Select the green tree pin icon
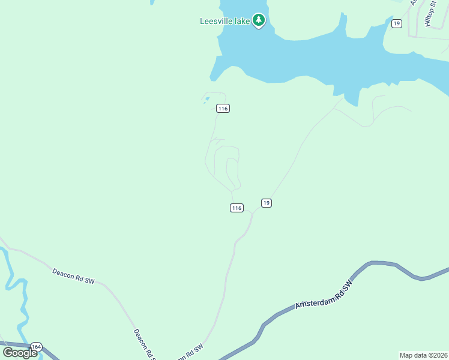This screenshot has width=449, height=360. (x=259, y=20)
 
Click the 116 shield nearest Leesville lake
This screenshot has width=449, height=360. (x=223, y=108)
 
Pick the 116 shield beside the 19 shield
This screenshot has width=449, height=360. (x=237, y=208)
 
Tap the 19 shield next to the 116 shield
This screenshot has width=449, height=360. (x=267, y=203)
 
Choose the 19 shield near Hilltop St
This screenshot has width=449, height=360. (x=396, y=23)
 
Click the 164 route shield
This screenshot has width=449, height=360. (x=37, y=347)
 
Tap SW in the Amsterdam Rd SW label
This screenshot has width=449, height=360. (x=347, y=284)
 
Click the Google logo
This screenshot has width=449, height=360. (x=20, y=352)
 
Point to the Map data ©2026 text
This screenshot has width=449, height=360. (x=423, y=355)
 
